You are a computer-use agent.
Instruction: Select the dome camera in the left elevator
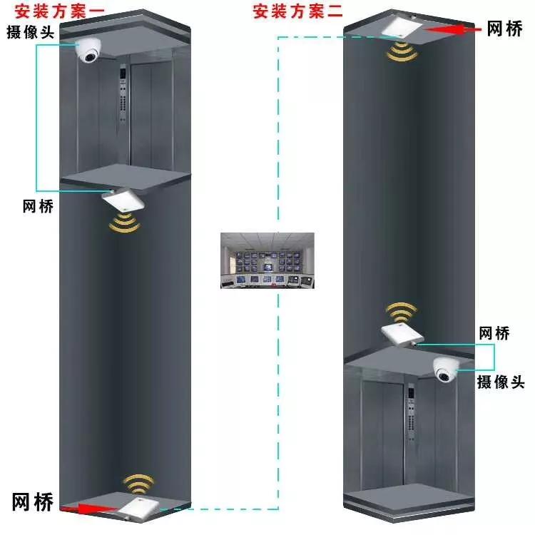pos(90,52)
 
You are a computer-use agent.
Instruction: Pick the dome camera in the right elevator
pos(445,370)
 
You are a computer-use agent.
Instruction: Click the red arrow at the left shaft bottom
pos(88,509)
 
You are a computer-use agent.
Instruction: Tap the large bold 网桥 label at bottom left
pos(33,500)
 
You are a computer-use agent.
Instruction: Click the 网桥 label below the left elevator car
pos(38,205)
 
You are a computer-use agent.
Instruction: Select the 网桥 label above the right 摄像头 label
pos(494,333)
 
